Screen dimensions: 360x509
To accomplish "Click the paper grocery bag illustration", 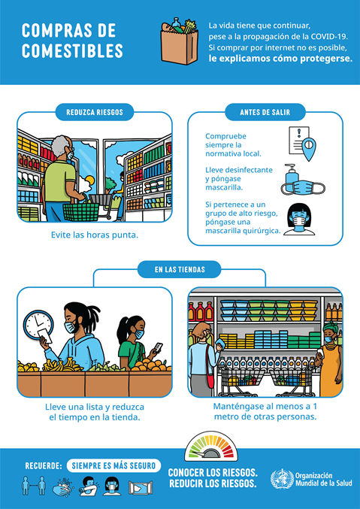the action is pos(180,41).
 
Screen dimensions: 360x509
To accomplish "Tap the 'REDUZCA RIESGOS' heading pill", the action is pos(95,112).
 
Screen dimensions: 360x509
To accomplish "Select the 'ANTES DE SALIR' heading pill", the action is pos(265,112).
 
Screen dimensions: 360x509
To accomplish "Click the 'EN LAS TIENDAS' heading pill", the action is pos(180,269).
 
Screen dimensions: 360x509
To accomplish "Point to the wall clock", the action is pos(38,325).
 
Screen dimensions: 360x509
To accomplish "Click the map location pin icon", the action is pos(308,149).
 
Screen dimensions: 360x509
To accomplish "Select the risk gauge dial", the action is pos(211,446).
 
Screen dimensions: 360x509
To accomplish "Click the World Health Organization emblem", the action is pos(282,479).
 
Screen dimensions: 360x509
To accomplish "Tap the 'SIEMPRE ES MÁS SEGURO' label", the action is pos(113,465).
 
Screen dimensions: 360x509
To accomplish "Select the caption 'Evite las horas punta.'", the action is pos(95,235).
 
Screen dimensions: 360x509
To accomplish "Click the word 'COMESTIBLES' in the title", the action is pos(72,50).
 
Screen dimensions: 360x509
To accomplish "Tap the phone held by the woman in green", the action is pos(158,347).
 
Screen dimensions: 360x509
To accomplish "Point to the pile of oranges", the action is pos(151,365).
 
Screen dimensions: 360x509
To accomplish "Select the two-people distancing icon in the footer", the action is pos(33,486).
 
